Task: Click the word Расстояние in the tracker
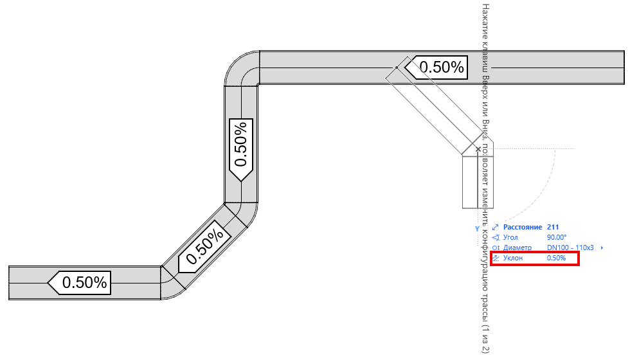pos(523,228)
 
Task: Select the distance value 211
pos(552,228)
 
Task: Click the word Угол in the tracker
pos(512,238)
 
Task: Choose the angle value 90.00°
pos(556,238)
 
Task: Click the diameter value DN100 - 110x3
pos(570,248)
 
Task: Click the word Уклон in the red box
pos(514,258)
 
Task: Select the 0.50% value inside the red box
pos(556,258)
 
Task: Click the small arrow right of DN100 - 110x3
pos(602,248)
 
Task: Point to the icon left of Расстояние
pos(495,228)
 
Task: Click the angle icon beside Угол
pos(495,238)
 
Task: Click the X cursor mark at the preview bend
pos(478,148)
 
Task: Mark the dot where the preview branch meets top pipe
pos(397,67)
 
